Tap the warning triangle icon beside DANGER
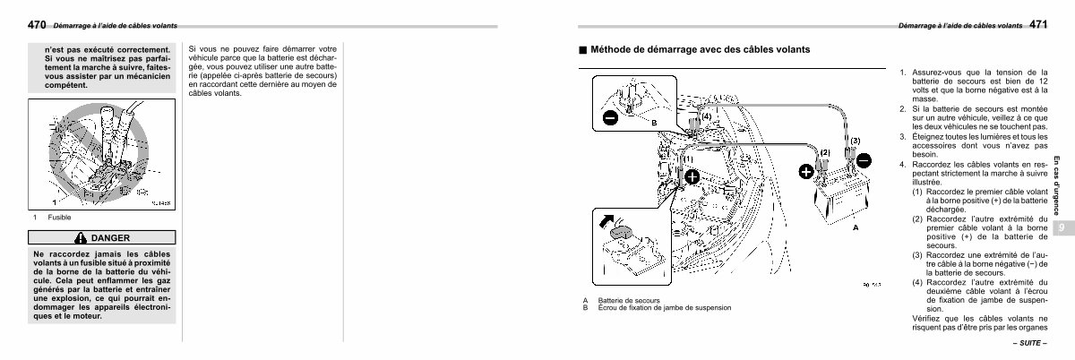(x=82, y=238)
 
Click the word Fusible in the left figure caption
(x=59, y=218)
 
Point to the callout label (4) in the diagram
(x=706, y=116)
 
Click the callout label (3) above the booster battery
(x=855, y=141)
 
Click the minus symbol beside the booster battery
(x=863, y=161)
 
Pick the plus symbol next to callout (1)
(x=692, y=177)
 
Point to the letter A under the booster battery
(x=855, y=228)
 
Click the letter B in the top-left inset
(x=654, y=122)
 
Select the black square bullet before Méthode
(x=582, y=50)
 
